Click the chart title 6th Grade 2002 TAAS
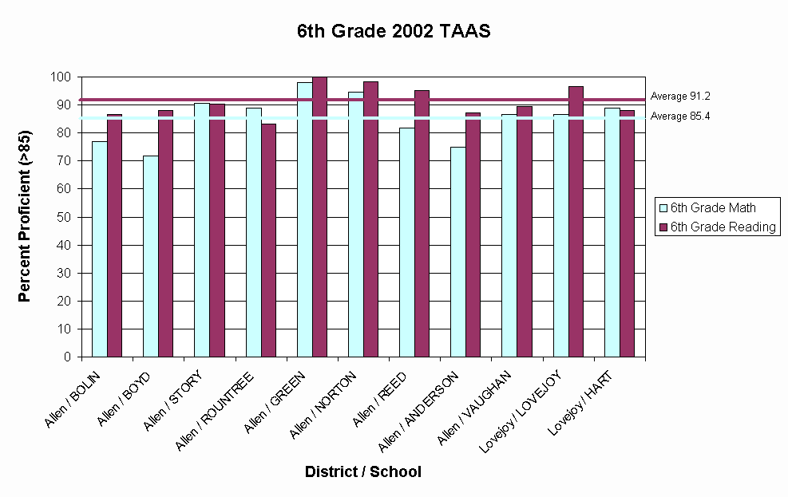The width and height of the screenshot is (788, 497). [x=394, y=32]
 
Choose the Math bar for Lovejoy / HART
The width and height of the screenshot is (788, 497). [x=612, y=232]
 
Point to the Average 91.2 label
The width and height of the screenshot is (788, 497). [x=680, y=96]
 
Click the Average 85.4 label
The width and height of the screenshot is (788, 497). [x=680, y=116]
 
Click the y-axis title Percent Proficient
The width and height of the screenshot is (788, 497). [x=24, y=216]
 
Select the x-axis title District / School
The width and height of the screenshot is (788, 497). [x=362, y=471]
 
